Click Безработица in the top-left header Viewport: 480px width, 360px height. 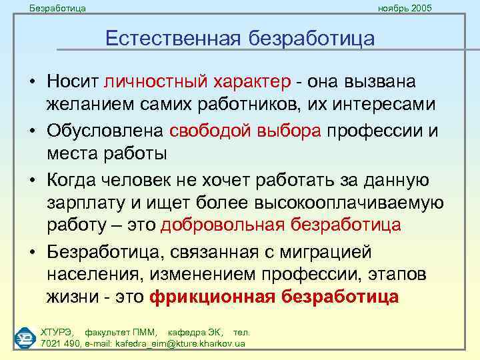click(x=57, y=8)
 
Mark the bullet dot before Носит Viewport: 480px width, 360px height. click(x=31, y=83)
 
